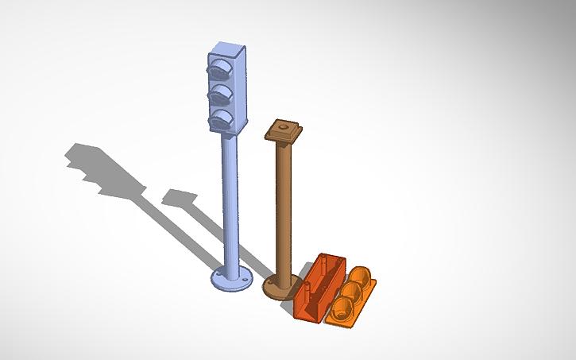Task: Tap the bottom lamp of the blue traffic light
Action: (x=220, y=121)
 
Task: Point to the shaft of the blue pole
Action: (x=229, y=199)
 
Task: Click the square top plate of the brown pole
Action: (x=284, y=130)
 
